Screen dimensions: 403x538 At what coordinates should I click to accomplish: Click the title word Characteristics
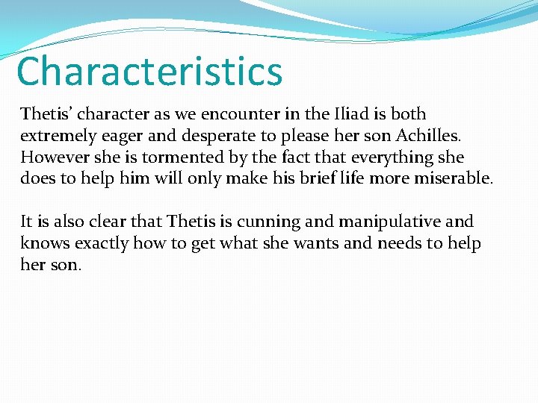(149, 71)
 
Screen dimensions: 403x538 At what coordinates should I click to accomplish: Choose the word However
(54, 157)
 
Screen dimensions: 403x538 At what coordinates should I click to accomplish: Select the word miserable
(454, 179)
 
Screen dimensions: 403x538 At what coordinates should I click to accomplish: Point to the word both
(408, 114)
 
